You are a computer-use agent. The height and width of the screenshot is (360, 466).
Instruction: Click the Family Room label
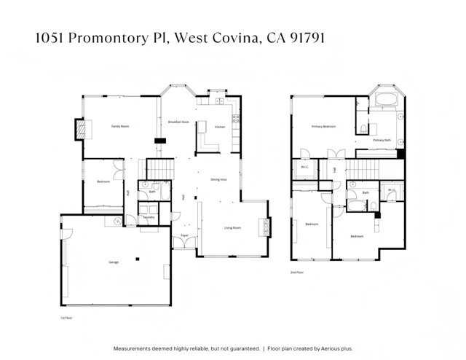[119, 126]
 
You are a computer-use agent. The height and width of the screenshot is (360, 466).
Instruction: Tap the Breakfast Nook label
[178, 122]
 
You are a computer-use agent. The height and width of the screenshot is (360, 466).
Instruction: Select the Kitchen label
[220, 127]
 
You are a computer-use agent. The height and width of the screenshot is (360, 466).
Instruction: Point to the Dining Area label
[218, 179]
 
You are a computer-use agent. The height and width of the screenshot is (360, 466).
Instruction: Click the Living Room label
[232, 228]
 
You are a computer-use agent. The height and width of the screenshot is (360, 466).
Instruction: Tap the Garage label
[114, 262]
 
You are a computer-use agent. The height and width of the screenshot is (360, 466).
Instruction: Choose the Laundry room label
[149, 217]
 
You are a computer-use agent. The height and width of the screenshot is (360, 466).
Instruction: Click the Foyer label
[184, 236]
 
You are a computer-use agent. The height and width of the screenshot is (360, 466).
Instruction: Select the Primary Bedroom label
[323, 127]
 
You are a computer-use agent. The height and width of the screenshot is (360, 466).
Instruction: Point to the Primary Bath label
[382, 140]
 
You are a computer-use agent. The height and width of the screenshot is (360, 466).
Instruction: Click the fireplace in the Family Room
[82, 130]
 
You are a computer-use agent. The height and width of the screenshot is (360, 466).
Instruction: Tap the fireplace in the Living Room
[265, 227]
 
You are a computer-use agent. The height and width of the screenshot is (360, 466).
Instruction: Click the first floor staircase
[162, 169]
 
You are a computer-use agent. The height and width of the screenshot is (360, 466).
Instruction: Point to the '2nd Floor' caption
[296, 272]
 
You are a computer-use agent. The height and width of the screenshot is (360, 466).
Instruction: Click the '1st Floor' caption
[67, 318]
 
